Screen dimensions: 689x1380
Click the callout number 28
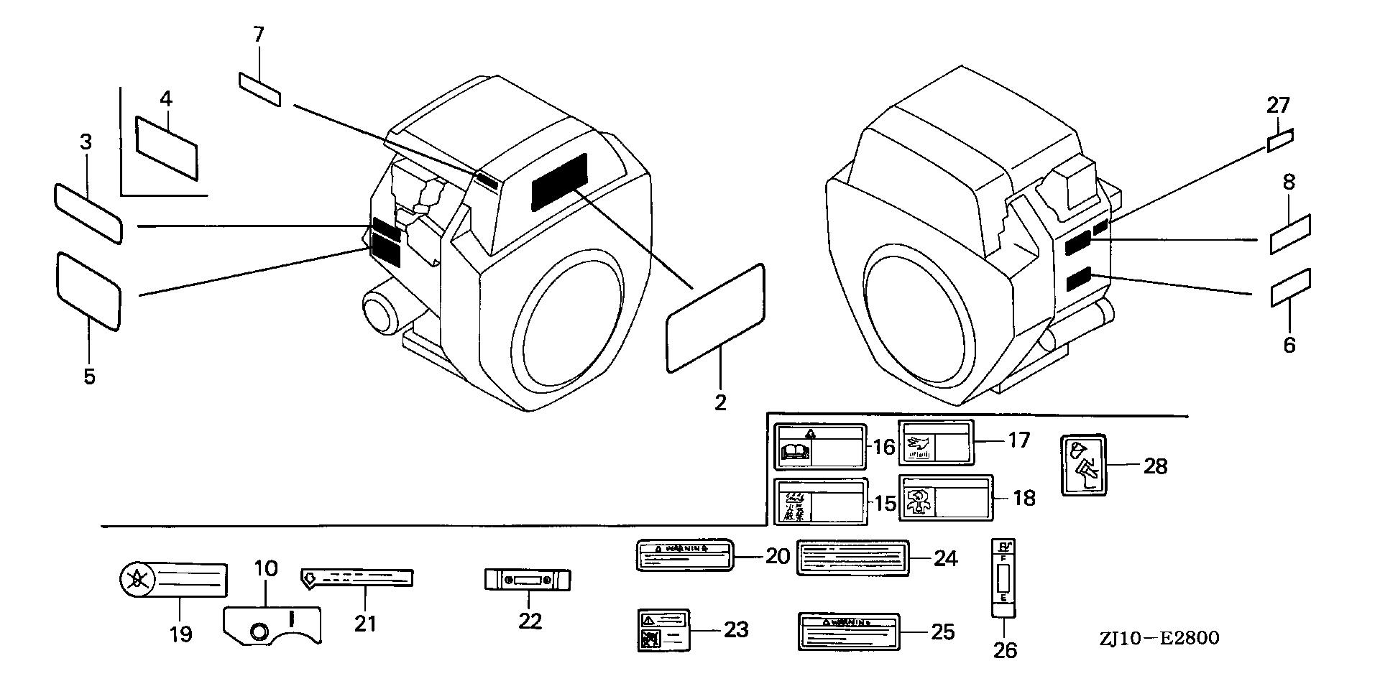[x=1155, y=466]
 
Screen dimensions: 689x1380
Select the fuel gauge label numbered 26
[x=1003, y=578]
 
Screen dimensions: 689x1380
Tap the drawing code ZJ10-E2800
[x=1158, y=638]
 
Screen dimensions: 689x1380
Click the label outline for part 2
[x=715, y=318]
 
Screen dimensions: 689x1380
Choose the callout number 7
[x=259, y=34]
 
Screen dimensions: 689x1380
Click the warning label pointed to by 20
[x=685, y=555]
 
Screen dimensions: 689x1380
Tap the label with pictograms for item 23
[x=664, y=630]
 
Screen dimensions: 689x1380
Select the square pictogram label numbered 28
[x=1084, y=464]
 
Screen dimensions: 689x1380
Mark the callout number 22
[x=530, y=621]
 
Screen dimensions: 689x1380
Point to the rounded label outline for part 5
[x=88, y=290]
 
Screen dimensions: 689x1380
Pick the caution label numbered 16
[x=819, y=447]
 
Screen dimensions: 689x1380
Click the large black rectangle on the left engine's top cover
[x=559, y=182]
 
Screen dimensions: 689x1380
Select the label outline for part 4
[x=166, y=149]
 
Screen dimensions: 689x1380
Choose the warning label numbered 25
[x=848, y=632]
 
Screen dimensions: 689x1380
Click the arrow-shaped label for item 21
[x=356, y=578]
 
